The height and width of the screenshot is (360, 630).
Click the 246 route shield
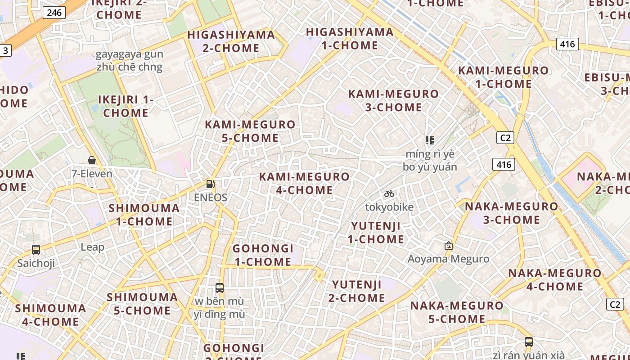(x=54, y=12)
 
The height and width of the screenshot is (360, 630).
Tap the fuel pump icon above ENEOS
(x=210, y=184)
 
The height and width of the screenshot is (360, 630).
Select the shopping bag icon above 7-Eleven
(x=92, y=160)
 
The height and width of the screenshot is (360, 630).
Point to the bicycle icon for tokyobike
(x=389, y=193)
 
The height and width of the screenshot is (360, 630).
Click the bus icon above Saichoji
(x=36, y=249)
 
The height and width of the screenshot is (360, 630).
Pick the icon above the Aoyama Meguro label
(x=448, y=246)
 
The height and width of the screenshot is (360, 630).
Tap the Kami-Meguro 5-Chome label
(x=250, y=131)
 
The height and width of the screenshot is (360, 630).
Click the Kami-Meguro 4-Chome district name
(x=305, y=183)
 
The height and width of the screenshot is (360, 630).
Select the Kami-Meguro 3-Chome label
(x=394, y=100)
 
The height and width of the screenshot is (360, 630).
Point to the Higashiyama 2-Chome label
(x=231, y=41)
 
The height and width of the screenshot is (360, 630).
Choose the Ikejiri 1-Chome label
(x=126, y=106)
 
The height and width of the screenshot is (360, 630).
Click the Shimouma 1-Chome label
(x=144, y=215)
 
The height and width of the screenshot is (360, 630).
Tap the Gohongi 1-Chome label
(x=263, y=255)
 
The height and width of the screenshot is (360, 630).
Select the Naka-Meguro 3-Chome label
(x=511, y=213)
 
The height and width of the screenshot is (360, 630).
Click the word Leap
(x=92, y=247)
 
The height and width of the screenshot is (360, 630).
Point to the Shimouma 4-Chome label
(x=50, y=315)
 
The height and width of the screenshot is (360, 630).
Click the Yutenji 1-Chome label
(x=376, y=232)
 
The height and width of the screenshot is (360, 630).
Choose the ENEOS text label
(x=211, y=197)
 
